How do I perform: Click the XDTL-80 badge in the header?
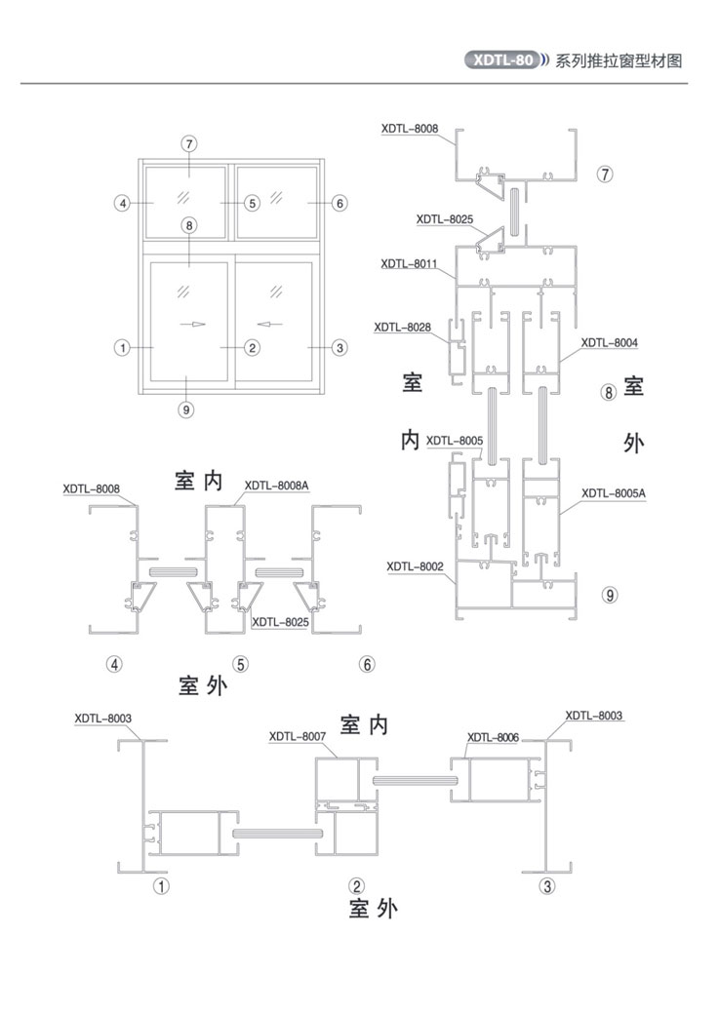[x=502, y=60]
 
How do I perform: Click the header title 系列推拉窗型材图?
[x=619, y=61]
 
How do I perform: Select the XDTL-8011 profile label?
[x=409, y=263]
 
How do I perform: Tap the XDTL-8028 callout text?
[x=403, y=328]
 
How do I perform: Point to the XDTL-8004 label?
[x=609, y=342]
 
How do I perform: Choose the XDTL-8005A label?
[x=614, y=493]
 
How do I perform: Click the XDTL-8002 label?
[x=416, y=566]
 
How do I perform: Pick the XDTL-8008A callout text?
[x=277, y=485]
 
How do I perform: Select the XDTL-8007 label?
[x=298, y=736]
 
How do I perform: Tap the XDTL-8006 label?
[x=493, y=737]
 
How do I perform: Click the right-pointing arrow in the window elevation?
[x=198, y=324]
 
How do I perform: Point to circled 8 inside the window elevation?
[x=188, y=225]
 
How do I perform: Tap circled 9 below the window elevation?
[x=186, y=409]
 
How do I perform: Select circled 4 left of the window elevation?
[x=122, y=204]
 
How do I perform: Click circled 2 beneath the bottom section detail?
[x=357, y=886]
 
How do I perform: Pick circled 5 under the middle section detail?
[x=240, y=664]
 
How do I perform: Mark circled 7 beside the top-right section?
[x=605, y=174]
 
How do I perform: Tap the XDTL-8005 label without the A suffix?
[x=455, y=440]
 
